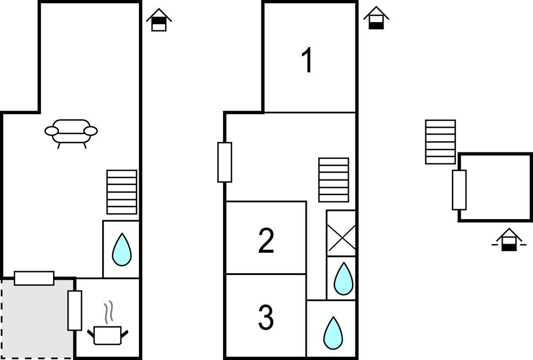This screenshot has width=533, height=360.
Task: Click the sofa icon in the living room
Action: [71, 133]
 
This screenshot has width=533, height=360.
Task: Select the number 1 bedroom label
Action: [307, 60]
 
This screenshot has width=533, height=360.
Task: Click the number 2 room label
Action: [266, 241]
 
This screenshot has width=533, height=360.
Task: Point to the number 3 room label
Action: [266, 317]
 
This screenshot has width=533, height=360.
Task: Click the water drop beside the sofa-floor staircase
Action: [121, 250]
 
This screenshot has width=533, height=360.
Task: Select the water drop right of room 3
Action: [333, 333]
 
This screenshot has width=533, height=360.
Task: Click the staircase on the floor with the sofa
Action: [121, 192]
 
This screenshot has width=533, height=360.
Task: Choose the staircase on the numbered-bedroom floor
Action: [334, 179]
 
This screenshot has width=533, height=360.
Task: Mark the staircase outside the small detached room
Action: [440, 142]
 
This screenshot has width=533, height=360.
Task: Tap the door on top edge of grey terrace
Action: [34, 278]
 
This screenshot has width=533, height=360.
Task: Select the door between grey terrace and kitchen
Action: [74, 310]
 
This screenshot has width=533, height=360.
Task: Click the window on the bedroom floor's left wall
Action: [225, 162]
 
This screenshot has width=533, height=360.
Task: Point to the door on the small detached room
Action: [459, 190]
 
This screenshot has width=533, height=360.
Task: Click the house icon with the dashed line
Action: [509, 240]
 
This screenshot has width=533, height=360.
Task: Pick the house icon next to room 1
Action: [376, 18]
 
